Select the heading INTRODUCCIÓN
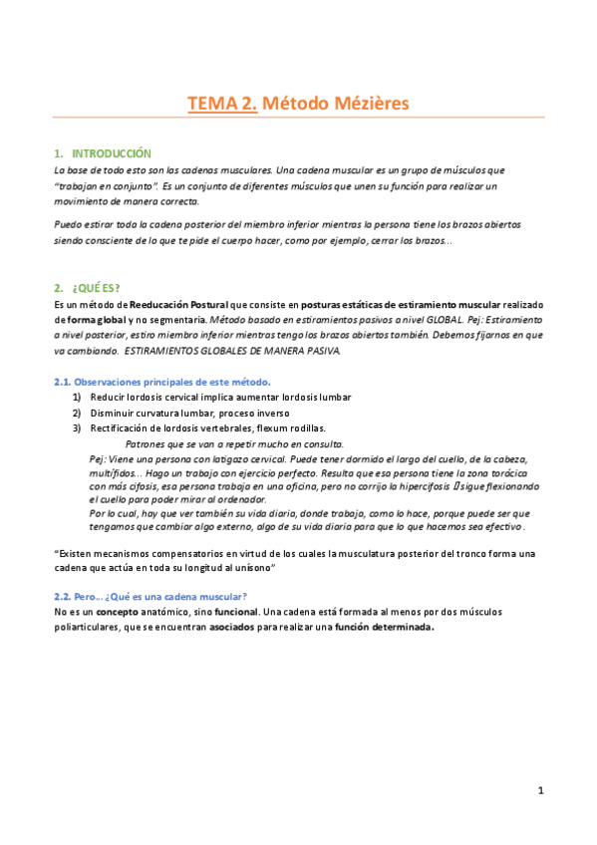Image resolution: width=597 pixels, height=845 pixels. [x=112, y=153]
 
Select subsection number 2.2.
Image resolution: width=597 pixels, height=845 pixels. [x=61, y=595]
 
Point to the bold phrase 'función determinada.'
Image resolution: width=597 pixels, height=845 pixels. [x=385, y=627]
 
